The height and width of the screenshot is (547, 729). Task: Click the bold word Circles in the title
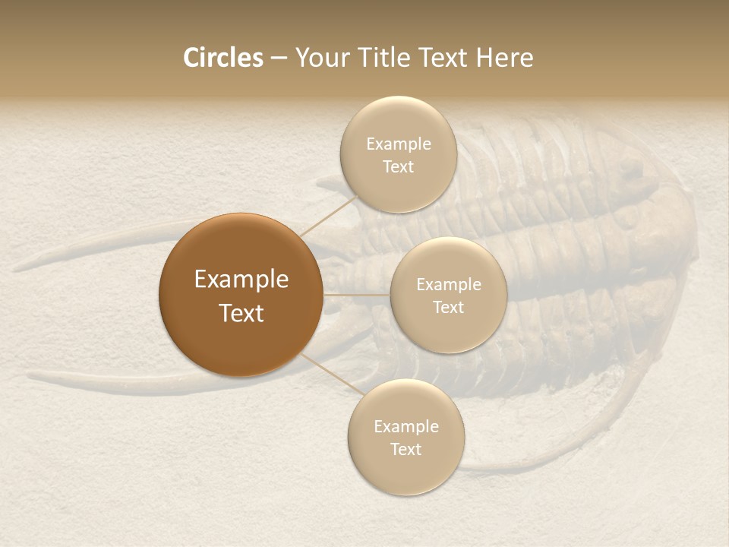click(x=223, y=58)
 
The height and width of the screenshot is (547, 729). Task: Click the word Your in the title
click(x=318, y=58)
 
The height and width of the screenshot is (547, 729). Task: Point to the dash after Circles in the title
click(x=279, y=58)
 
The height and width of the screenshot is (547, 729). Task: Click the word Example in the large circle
click(x=241, y=280)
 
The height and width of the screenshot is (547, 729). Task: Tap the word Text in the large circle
click(x=241, y=313)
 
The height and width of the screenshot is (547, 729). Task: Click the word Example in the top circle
click(x=398, y=144)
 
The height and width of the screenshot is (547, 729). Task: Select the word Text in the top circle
click(x=398, y=167)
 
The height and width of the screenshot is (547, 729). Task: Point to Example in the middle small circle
click(x=448, y=285)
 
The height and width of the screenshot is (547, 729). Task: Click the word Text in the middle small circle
click(x=448, y=308)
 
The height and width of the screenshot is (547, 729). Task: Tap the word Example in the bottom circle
click(x=406, y=427)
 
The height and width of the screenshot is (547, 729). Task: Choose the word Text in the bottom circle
click(x=406, y=450)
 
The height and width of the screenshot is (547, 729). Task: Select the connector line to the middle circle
click(x=357, y=294)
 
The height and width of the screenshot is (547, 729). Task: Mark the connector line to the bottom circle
click(x=329, y=374)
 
